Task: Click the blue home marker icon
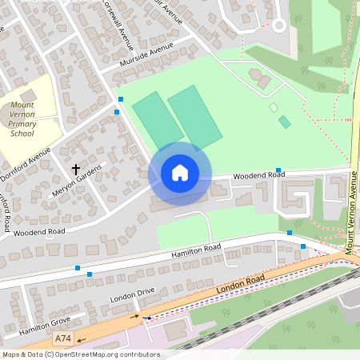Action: (179, 173)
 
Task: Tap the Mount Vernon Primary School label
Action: (22, 118)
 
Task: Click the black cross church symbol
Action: (76, 170)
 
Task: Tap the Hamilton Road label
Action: (195, 252)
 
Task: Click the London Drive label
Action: (132, 302)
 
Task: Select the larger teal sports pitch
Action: (194, 116)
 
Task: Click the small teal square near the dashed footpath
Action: (284, 122)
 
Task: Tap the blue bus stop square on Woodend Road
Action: (278, 170)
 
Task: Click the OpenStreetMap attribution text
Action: (80, 354)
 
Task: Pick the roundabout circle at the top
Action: (278, 25)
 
